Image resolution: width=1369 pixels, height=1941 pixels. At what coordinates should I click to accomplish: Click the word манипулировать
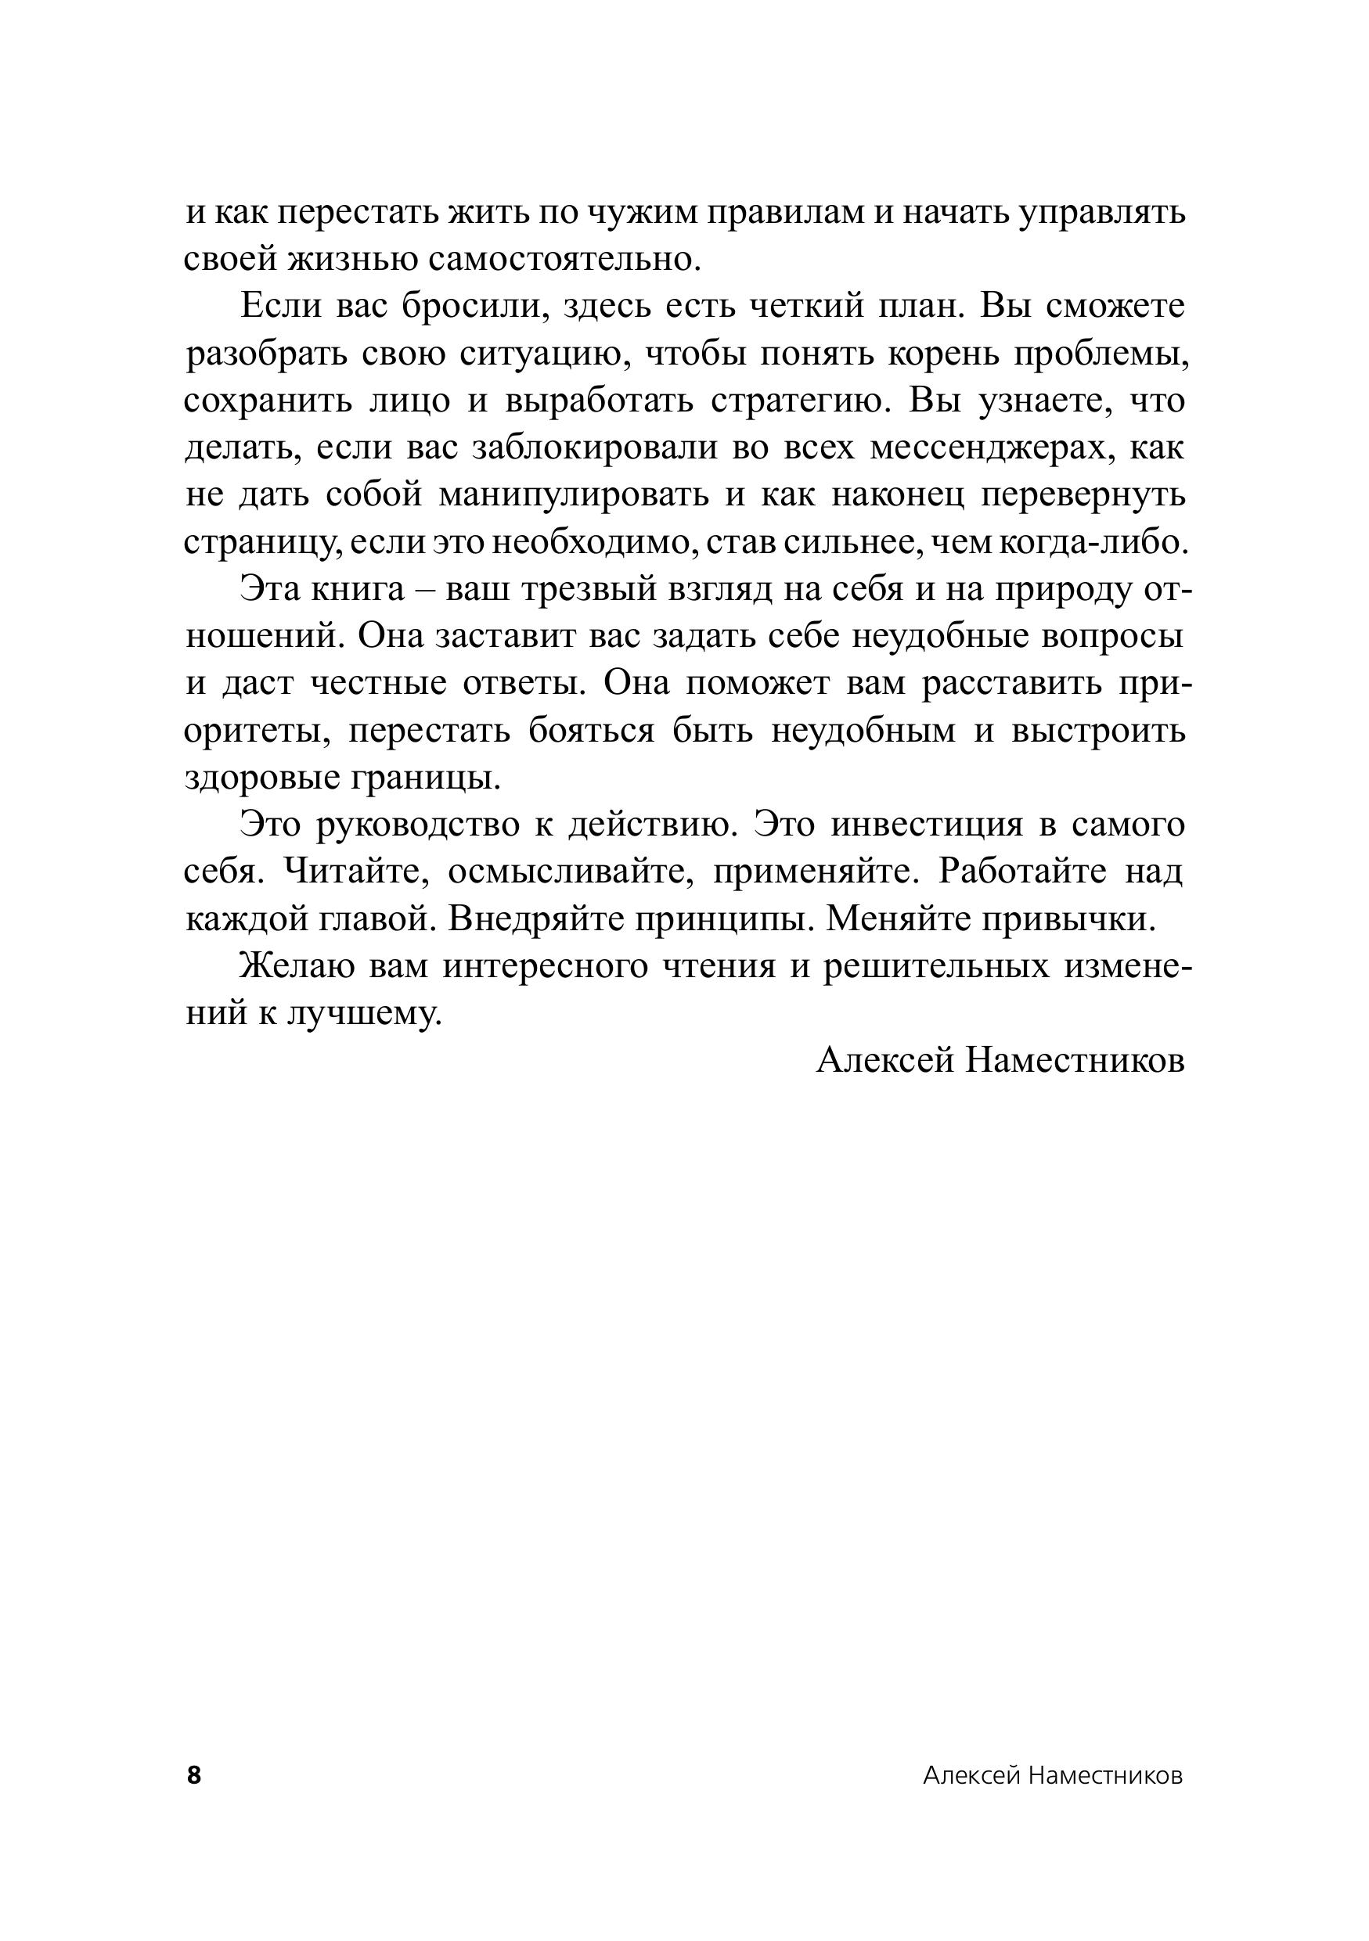coord(575,495)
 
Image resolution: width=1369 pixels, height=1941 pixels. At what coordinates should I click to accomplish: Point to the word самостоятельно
coord(565,260)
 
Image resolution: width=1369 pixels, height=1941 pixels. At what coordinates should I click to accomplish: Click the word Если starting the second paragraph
coord(281,307)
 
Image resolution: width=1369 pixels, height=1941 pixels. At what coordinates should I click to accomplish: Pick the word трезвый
coord(588,589)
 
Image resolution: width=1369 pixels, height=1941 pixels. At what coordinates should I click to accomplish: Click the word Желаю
coord(291,965)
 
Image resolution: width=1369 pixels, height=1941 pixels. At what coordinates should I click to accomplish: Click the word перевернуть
coord(1083,495)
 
